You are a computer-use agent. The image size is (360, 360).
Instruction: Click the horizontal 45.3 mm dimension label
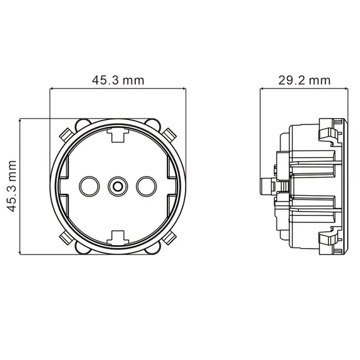118,80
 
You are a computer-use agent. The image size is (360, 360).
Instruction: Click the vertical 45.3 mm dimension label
11,186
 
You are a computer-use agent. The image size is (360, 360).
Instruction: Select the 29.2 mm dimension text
304,80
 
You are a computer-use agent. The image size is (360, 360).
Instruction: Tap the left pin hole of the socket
89,186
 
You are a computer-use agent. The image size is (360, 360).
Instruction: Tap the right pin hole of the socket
147,186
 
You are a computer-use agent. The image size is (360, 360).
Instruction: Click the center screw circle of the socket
117,186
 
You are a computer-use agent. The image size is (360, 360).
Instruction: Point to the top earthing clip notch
117,135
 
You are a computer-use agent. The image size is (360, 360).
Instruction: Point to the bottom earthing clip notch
117,237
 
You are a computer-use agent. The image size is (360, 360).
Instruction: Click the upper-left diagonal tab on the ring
66,135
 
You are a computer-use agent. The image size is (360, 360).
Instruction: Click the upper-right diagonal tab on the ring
169,135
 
